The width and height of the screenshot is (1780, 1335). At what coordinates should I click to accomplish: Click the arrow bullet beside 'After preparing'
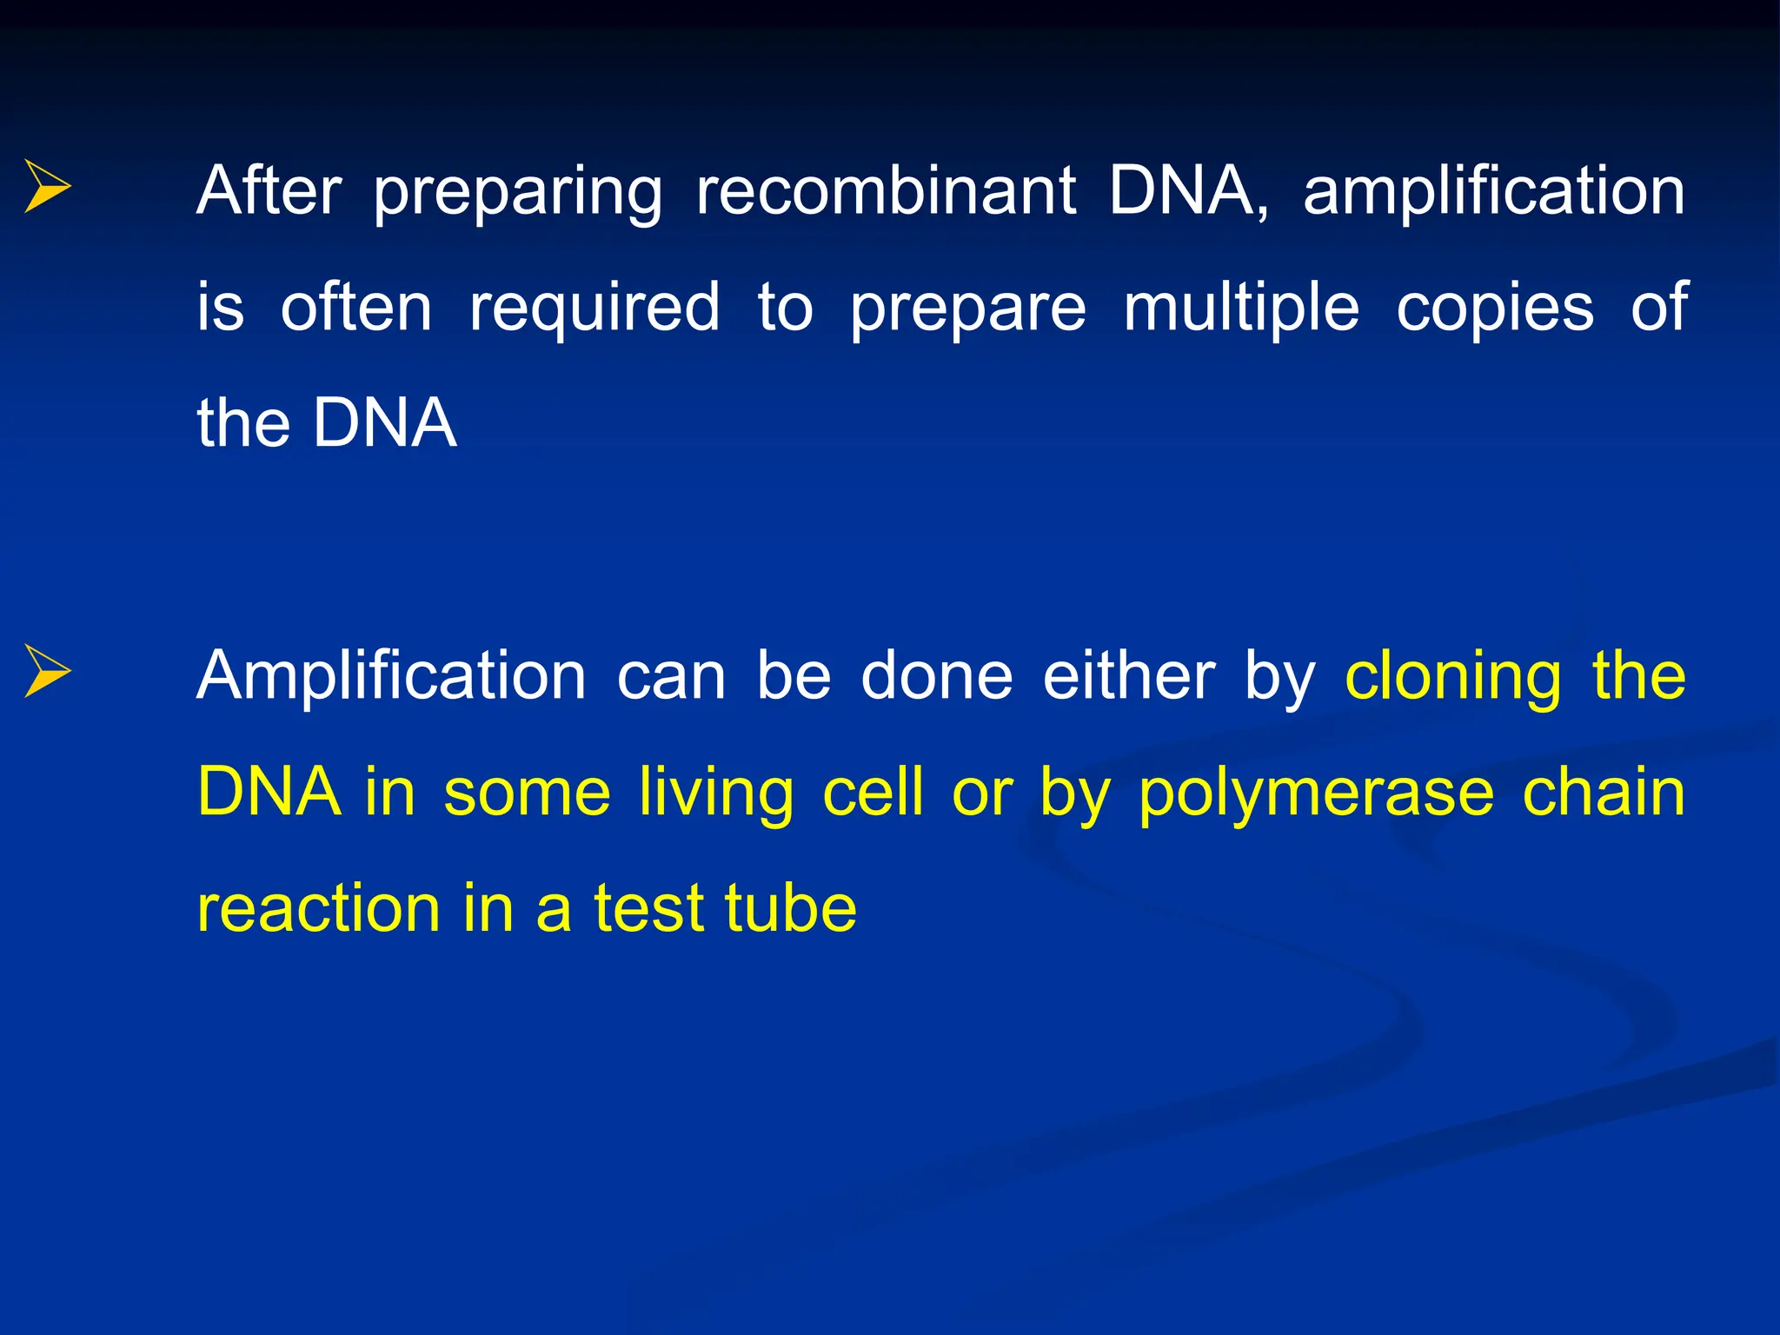point(48,186)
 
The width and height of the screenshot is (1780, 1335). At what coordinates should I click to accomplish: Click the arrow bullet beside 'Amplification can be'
point(48,671)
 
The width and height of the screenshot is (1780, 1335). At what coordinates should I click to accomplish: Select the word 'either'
point(1128,675)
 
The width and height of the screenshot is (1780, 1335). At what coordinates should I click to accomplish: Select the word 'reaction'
point(318,909)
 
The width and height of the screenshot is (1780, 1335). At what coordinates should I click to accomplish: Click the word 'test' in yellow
point(648,909)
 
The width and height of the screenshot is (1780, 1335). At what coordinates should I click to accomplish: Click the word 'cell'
point(872,792)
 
